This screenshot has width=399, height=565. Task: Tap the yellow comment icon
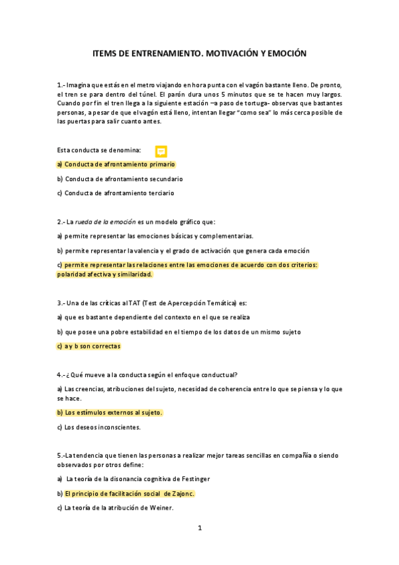[161, 151]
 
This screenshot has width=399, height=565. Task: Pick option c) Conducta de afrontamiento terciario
[119, 193]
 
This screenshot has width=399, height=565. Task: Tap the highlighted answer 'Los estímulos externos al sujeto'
[113, 412]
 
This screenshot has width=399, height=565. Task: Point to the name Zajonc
[183, 494]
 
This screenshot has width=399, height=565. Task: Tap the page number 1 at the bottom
[199, 528]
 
